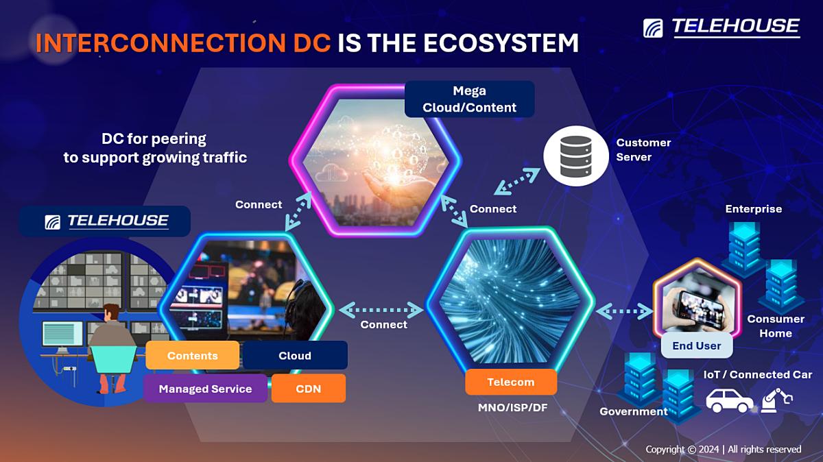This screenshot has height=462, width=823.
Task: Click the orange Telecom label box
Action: click(x=511, y=382)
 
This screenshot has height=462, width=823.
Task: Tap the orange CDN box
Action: click(x=309, y=389)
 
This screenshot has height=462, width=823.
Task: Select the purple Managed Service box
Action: click(x=205, y=389)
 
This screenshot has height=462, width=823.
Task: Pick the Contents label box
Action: click(x=193, y=355)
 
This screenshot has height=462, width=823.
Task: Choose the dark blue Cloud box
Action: click(x=295, y=355)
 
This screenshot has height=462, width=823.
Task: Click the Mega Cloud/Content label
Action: click(x=470, y=99)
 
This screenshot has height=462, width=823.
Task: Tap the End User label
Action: click(x=697, y=345)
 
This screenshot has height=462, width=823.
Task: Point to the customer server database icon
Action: click(x=575, y=156)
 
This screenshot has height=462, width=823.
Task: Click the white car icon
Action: click(x=729, y=401)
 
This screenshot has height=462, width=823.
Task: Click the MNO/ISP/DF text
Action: click(x=512, y=408)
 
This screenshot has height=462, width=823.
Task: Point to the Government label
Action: click(x=634, y=411)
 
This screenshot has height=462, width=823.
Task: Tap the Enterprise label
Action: click(x=754, y=209)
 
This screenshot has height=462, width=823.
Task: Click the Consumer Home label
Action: click(x=776, y=326)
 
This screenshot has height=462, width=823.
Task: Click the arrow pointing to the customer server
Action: click(x=517, y=182)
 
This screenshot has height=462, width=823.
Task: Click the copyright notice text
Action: click(x=724, y=449)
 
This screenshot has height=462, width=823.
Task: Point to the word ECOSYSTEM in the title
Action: click(x=501, y=43)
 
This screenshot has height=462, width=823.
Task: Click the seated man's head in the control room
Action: click(x=111, y=313)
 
